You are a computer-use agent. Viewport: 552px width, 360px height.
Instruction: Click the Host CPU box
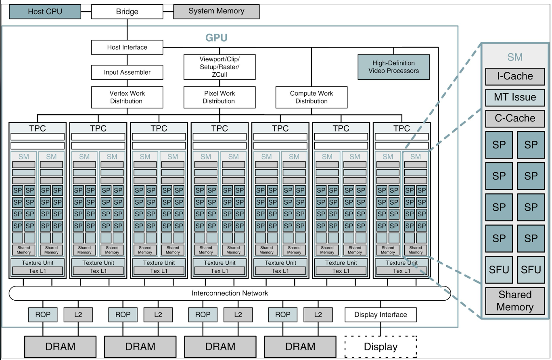pyautogui.click(x=45, y=12)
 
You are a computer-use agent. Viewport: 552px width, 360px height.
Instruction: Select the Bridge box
pyautogui.click(x=127, y=12)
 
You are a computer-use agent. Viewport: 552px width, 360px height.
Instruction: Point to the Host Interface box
pyautogui.click(x=127, y=47)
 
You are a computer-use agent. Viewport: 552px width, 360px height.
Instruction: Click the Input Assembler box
pyautogui.click(x=127, y=73)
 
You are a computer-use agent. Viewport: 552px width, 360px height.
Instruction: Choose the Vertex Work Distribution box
pyautogui.click(x=127, y=97)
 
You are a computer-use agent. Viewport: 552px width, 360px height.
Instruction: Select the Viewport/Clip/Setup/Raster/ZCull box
pyautogui.click(x=220, y=67)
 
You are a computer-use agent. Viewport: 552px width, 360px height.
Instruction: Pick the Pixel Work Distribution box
pyautogui.click(x=220, y=97)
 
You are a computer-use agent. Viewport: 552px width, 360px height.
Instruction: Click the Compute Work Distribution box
pyautogui.click(x=312, y=97)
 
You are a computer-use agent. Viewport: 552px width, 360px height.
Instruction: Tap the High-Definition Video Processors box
pyautogui.click(x=393, y=67)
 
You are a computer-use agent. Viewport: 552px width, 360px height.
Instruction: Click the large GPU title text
pyautogui.click(x=217, y=38)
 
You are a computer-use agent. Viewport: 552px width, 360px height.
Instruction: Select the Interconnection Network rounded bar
pyautogui.click(x=230, y=293)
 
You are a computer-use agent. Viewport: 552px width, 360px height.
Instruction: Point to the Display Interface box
pyautogui.click(x=381, y=315)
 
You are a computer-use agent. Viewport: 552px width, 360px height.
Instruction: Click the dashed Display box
pyautogui.click(x=381, y=346)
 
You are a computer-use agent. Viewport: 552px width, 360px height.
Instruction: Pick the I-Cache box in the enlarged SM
pyautogui.click(x=515, y=76)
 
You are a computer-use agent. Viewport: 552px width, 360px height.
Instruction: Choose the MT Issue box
pyautogui.click(x=515, y=97)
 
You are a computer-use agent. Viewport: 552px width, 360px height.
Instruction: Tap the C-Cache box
pyautogui.click(x=515, y=118)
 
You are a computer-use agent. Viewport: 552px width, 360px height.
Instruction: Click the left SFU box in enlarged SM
pyautogui.click(x=499, y=269)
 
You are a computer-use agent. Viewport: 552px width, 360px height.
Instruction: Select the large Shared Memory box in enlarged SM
pyautogui.click(x=515, y=301)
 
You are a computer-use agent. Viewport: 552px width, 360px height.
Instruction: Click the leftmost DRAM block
pyautogui.click(x=61, y=346)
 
